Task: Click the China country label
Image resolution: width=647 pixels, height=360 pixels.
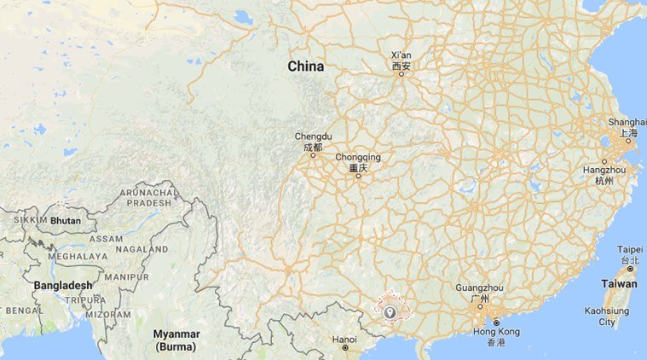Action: [305, 66]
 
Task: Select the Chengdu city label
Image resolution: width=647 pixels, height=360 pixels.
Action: [312, 136]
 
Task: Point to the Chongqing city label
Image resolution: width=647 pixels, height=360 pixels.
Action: [358, 158]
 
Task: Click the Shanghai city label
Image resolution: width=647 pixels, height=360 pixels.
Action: [628, 122]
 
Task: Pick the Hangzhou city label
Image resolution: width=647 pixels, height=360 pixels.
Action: [604, 170]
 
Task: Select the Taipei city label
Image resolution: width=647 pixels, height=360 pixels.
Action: [629, 249]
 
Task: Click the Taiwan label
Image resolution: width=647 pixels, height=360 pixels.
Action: [619, 284]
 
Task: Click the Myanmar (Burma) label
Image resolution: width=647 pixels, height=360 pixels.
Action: [176, 340]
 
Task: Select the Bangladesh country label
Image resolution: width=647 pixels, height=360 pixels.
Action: [62, 285]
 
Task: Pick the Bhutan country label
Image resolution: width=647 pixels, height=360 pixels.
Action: [65, 220]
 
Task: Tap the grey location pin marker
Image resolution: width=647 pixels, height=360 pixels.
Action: [390, 312]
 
